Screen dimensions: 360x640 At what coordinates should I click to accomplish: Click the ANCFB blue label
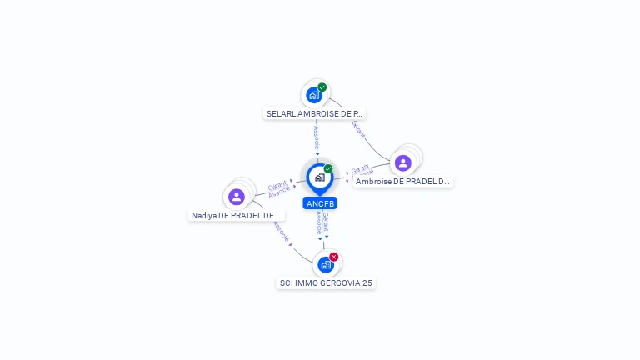click(320, 203)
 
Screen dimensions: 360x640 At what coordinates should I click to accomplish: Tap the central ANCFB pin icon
click(319, 177)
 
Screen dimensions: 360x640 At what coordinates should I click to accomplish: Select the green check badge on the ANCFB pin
click(328, 169)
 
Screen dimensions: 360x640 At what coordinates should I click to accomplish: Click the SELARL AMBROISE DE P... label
click(314, 113)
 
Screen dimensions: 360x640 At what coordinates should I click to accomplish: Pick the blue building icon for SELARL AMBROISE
click(313, 95)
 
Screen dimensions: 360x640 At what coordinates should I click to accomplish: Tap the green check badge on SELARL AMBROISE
click(322, 87)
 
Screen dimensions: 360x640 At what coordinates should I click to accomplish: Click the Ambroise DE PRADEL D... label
click(402, 181)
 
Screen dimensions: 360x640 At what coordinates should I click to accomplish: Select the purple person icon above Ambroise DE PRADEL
click(403, 162)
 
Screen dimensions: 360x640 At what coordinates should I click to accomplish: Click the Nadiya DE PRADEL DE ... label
click(237, 215)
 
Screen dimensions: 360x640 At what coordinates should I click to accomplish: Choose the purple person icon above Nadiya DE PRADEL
click(237, 197)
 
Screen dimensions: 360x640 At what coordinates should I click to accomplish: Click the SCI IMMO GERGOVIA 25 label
click(326, 282)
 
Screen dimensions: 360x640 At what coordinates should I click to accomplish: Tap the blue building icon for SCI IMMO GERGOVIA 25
click(325, 264)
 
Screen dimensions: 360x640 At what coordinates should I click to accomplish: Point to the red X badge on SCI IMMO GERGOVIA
click(334, 257)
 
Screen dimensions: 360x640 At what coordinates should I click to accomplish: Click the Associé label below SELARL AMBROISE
click(317, 137)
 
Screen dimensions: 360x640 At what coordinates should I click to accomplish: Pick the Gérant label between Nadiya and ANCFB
click(277, 186)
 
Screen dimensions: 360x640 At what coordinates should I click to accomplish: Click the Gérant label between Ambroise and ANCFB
click(360, 168)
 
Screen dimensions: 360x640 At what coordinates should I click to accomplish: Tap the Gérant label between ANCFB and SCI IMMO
click(326, 222)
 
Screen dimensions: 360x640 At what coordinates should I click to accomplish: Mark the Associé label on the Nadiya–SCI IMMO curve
click(281, 231)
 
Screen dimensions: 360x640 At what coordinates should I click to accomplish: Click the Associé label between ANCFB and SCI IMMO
click(318, 223)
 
